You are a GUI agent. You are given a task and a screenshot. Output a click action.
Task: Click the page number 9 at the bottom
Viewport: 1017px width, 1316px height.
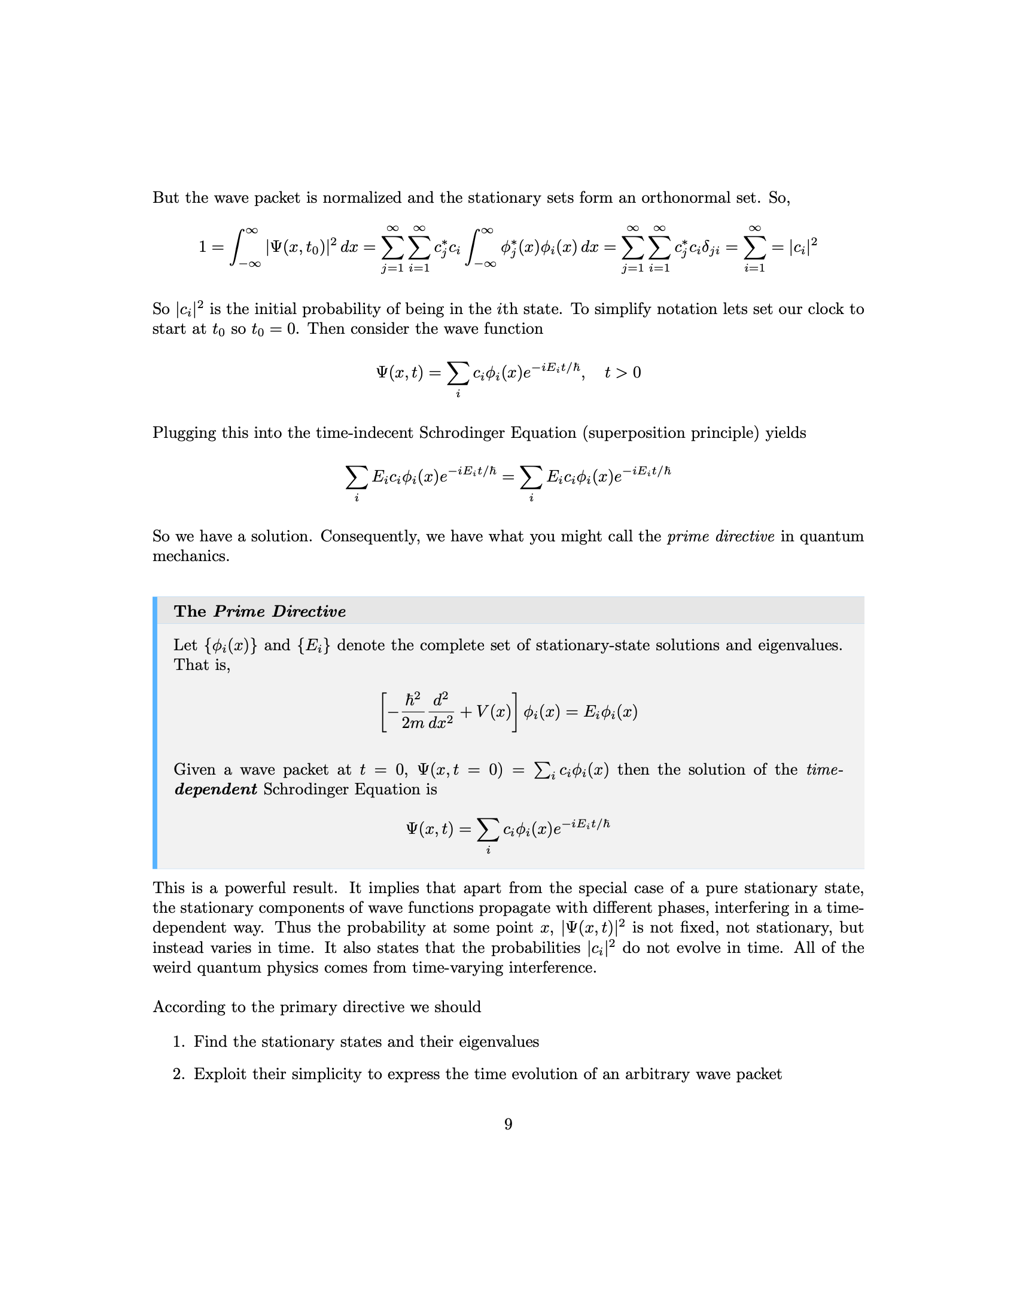click(x=508, y=1124)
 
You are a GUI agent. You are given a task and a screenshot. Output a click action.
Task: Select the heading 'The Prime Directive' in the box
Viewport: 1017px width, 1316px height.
click(x=260, y=611)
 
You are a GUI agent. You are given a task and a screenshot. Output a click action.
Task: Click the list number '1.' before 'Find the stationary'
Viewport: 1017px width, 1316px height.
click(x=179, y=1042)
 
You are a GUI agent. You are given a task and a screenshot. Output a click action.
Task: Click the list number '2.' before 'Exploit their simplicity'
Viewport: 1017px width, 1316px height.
click(x=179, y=1074)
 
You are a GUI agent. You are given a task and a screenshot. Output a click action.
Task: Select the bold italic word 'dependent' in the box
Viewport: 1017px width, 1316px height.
click(x=216, y=790)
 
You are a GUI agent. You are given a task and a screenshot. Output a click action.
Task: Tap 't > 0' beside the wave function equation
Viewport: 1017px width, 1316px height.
click(x=622, y=373)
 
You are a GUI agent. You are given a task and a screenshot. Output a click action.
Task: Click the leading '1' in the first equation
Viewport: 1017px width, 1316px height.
click(x=202, y=247)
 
